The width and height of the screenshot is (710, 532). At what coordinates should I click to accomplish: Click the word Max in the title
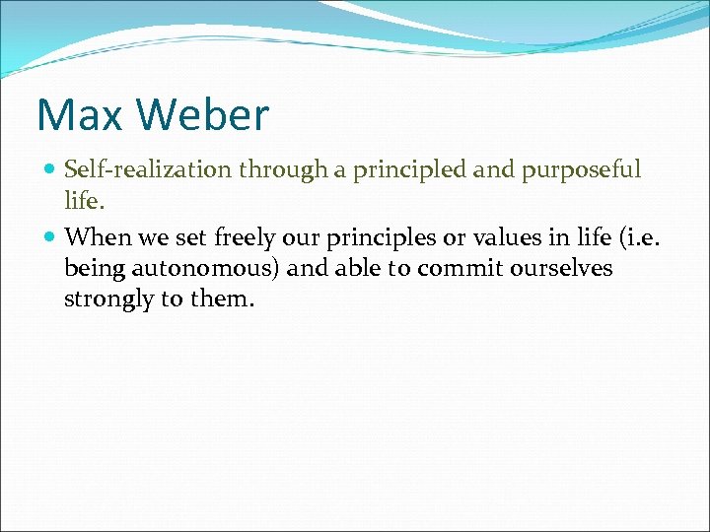[78, 115]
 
